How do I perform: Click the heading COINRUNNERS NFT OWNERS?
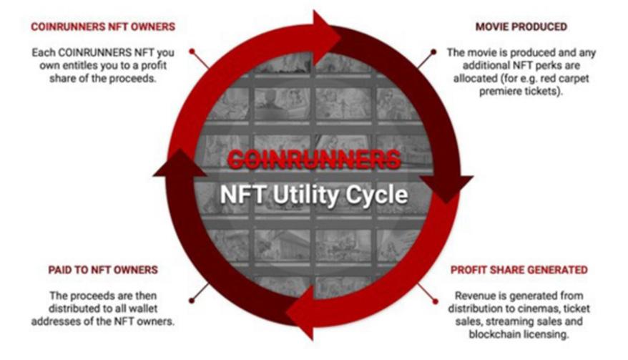click(102, 28)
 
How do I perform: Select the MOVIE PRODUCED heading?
click(521, 27)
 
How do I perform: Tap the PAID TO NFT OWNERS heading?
click(104, 271)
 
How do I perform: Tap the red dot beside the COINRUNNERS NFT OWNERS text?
click(192, 51)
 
